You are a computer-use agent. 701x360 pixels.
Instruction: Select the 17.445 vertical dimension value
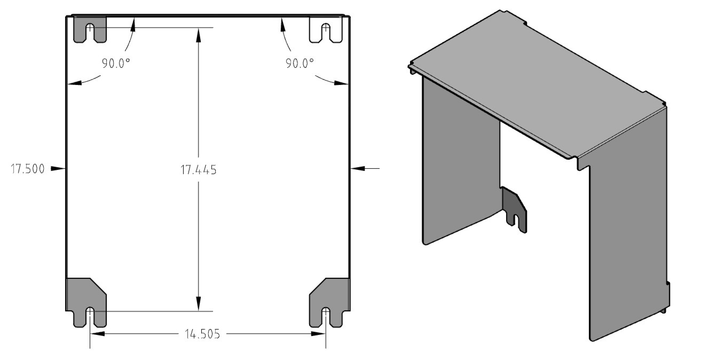[198, 170]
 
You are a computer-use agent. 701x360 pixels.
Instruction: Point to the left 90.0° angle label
[116, 63]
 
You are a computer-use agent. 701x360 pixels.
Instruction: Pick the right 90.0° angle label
[300, 63]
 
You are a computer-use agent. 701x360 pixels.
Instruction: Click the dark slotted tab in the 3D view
[515, 208]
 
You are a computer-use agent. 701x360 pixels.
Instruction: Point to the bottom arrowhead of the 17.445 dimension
[198, 306]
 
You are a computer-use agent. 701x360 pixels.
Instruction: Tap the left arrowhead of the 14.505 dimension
[96, 334]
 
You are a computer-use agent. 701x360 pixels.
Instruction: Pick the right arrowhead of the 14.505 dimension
[319, 334]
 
